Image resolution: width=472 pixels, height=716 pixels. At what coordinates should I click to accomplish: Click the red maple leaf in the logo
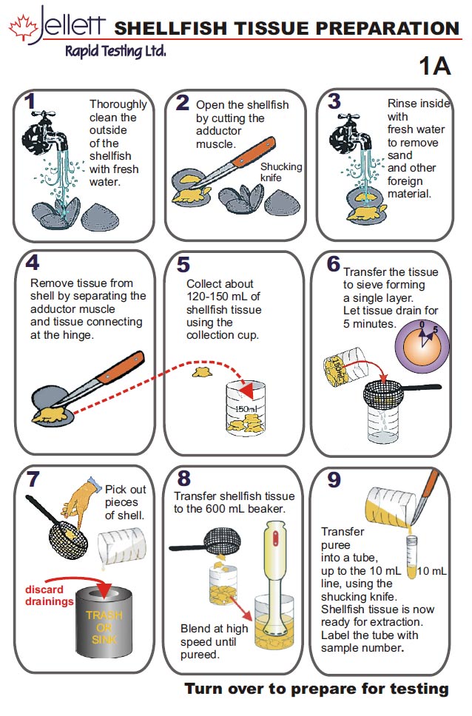point(24,27)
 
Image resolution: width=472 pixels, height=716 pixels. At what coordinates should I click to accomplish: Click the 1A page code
point(435,66)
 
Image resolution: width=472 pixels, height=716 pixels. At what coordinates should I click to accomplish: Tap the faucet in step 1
point(46,131)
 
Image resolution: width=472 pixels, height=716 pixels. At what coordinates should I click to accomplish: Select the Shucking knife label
point(281,172)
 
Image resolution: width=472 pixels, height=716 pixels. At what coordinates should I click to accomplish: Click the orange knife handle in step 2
point(254,151)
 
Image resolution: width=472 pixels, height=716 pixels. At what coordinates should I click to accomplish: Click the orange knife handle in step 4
point(121,367)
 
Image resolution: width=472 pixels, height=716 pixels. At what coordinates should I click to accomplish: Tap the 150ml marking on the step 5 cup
point(246,409)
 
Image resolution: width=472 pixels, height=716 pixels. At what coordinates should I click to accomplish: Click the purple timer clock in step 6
point(422,345)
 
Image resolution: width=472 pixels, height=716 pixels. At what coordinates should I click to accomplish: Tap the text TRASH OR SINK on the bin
point(104,627)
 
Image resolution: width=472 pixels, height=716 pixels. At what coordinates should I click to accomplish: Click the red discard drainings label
point(49,595)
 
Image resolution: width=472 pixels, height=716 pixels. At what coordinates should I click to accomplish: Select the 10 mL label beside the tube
point(432,571)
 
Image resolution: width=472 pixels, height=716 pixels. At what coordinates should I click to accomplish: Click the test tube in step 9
point(411,557)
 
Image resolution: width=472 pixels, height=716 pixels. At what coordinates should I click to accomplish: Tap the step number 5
point(183,264)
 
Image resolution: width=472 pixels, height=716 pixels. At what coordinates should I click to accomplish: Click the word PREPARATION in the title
point(388,28)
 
